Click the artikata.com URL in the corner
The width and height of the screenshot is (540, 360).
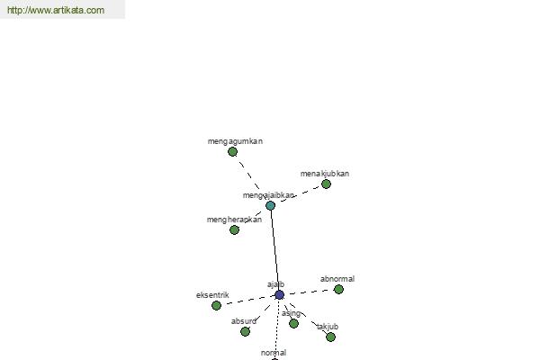coord(56,10)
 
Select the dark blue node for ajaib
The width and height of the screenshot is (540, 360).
coord(279,295)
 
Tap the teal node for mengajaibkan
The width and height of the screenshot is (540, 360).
coord(270,206)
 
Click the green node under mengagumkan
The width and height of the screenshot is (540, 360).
coord(232,151)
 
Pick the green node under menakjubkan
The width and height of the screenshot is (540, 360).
coord(326,184)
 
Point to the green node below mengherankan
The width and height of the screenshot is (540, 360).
coord(234,229)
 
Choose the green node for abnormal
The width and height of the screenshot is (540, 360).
coord(338,290)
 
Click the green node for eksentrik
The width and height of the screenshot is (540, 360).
coord(216,305)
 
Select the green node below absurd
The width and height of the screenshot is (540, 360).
coord(245,332)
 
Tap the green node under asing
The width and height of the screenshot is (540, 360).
coord(293,323)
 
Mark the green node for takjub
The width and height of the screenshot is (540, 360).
coord(330,337)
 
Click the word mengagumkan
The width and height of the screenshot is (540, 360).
coord(235,141)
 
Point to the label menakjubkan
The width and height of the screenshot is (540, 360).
coord(325,174)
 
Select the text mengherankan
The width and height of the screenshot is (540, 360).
coord(234,220)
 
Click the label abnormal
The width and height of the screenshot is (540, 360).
coord(337,279)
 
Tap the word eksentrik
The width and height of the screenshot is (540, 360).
coord(212,295)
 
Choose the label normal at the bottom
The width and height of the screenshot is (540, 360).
coord(274,353)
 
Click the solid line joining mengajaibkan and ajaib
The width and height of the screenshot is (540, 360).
coord(274,250)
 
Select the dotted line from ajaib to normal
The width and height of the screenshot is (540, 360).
coord(277,327)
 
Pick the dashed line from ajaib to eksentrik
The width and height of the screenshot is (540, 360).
coord(248,300)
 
